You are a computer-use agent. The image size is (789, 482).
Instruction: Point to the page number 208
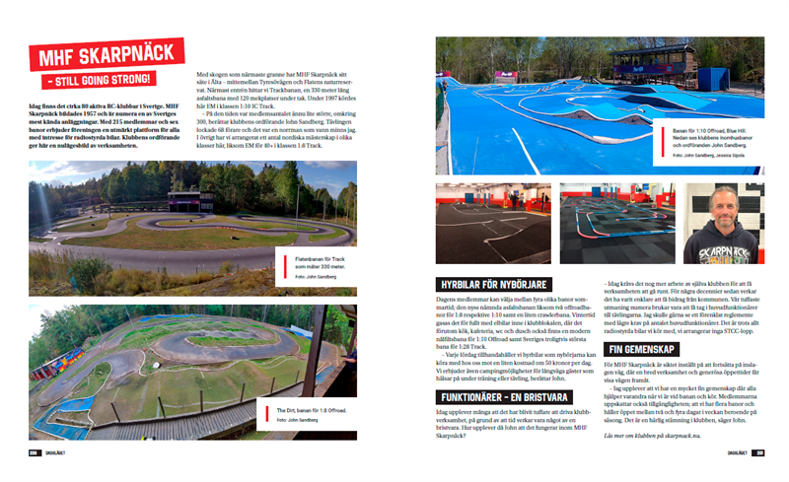click(34, 453)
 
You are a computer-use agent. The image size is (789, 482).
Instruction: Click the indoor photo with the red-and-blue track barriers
click(615, 223)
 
